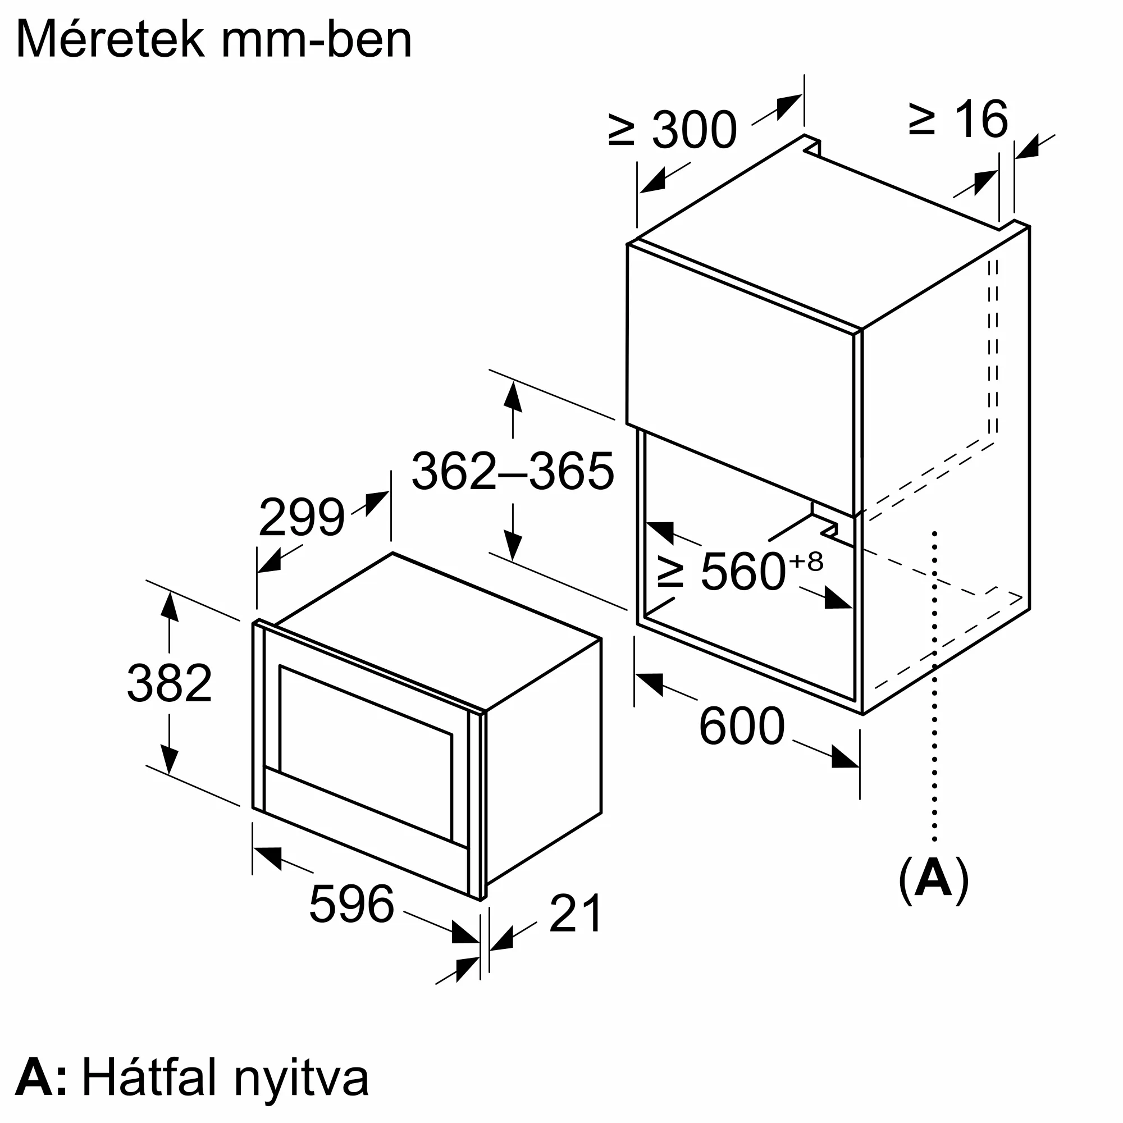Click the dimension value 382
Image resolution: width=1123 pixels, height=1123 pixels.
point(169,683)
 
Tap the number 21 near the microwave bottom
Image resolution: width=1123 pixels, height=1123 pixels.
point(575,914)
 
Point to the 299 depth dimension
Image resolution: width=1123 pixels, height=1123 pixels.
point(301,517)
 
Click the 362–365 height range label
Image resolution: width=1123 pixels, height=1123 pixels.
point(513,471)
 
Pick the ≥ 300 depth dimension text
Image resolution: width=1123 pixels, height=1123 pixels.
point(673,130)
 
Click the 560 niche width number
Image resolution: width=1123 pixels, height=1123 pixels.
point(743,572)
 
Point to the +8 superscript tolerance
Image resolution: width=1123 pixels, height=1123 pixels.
point(806,561)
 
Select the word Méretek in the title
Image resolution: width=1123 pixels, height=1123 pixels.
point(111,39)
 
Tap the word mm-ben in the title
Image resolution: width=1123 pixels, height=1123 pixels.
point(317,39)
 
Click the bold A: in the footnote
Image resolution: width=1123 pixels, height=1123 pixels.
point(40,1078)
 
